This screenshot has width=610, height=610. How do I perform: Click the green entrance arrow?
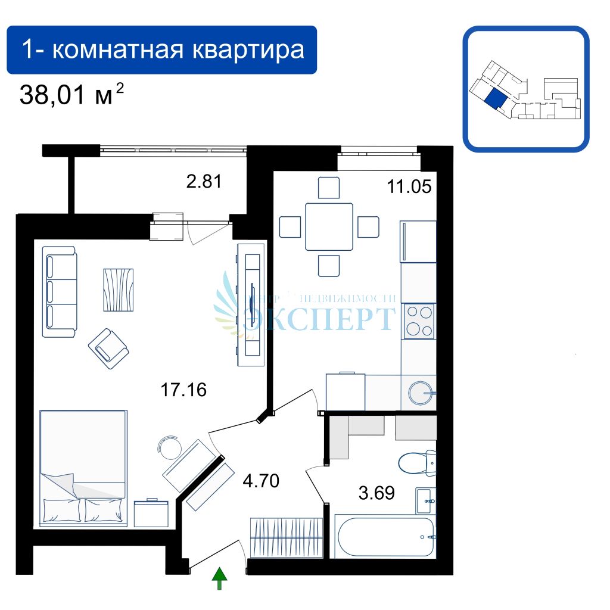[220, 578]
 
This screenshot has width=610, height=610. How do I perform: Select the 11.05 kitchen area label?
[409, 186]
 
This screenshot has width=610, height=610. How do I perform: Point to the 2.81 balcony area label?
[204, 181]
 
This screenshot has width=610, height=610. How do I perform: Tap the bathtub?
[386, 536]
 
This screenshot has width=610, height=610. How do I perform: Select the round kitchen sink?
[422, 392]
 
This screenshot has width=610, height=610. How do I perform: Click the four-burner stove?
[419, 321]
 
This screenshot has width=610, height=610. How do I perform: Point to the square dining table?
[329, 226]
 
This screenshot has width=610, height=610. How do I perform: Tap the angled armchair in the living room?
[108, 348]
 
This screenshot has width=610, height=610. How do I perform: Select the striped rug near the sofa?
[119, 289]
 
